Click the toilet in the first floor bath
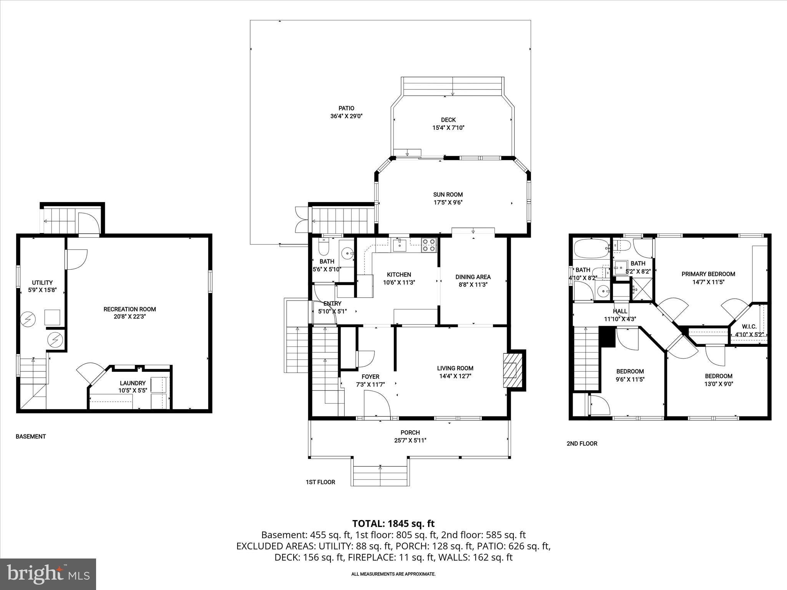point(324,248)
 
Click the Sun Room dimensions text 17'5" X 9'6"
point(448,202)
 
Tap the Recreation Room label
point(130,309)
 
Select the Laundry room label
point(133,383)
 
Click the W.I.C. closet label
point(749,326)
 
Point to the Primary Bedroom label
point(708,274)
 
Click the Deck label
point(448,120)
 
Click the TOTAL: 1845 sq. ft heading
point(393,524)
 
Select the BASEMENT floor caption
point(31,436)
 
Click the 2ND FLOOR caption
point(582,443)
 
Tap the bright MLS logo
point(48,574)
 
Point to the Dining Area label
point(473,277)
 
